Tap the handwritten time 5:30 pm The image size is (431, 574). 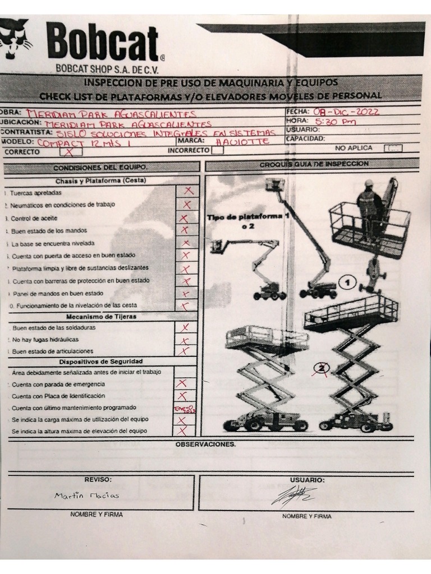point(336,121)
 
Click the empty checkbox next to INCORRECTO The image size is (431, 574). point(218,150)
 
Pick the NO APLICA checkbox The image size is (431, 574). point(393,149)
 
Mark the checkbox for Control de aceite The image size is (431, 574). point(185,217)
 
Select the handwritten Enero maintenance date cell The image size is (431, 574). point(184,409)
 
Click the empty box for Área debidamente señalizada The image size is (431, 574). point(185,372)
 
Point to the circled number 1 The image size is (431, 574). point(347,283)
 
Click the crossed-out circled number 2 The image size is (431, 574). point(322,368)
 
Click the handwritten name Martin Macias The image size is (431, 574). point(86,496)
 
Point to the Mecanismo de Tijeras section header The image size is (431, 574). point(101,316)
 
